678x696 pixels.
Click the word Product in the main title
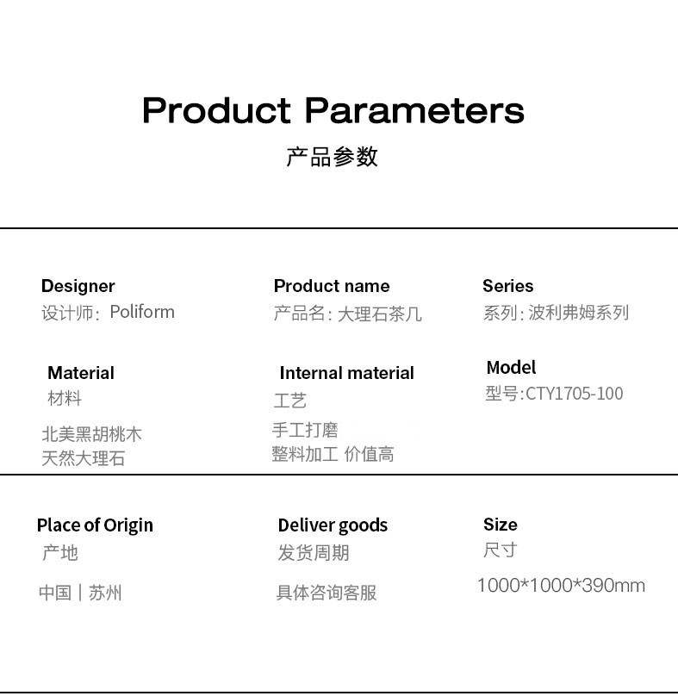click(217, 110)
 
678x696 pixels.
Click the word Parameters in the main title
click(414, 110)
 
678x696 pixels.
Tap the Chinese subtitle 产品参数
click(333, 157)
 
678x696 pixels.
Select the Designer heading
click(78, 286)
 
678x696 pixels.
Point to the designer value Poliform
click(142, 312)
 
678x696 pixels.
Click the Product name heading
click(332, 286)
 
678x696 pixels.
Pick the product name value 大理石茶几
click(380, 314)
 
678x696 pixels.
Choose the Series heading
click(508, 286)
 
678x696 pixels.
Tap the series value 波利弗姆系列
click(579, 313)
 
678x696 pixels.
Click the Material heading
click(81, 373)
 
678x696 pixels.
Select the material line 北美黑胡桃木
click(92, 433)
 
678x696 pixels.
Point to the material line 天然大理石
click(84, 458)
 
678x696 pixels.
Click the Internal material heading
click(347, 373)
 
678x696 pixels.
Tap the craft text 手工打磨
click(305, 430)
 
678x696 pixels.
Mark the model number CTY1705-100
click(575, 394)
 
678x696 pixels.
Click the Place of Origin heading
click(95, 525)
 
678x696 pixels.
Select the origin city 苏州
click(105, 593)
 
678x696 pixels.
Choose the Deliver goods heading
click(333, 525)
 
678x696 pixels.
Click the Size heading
click(501, 525)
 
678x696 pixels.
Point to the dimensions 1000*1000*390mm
click(561, 586)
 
